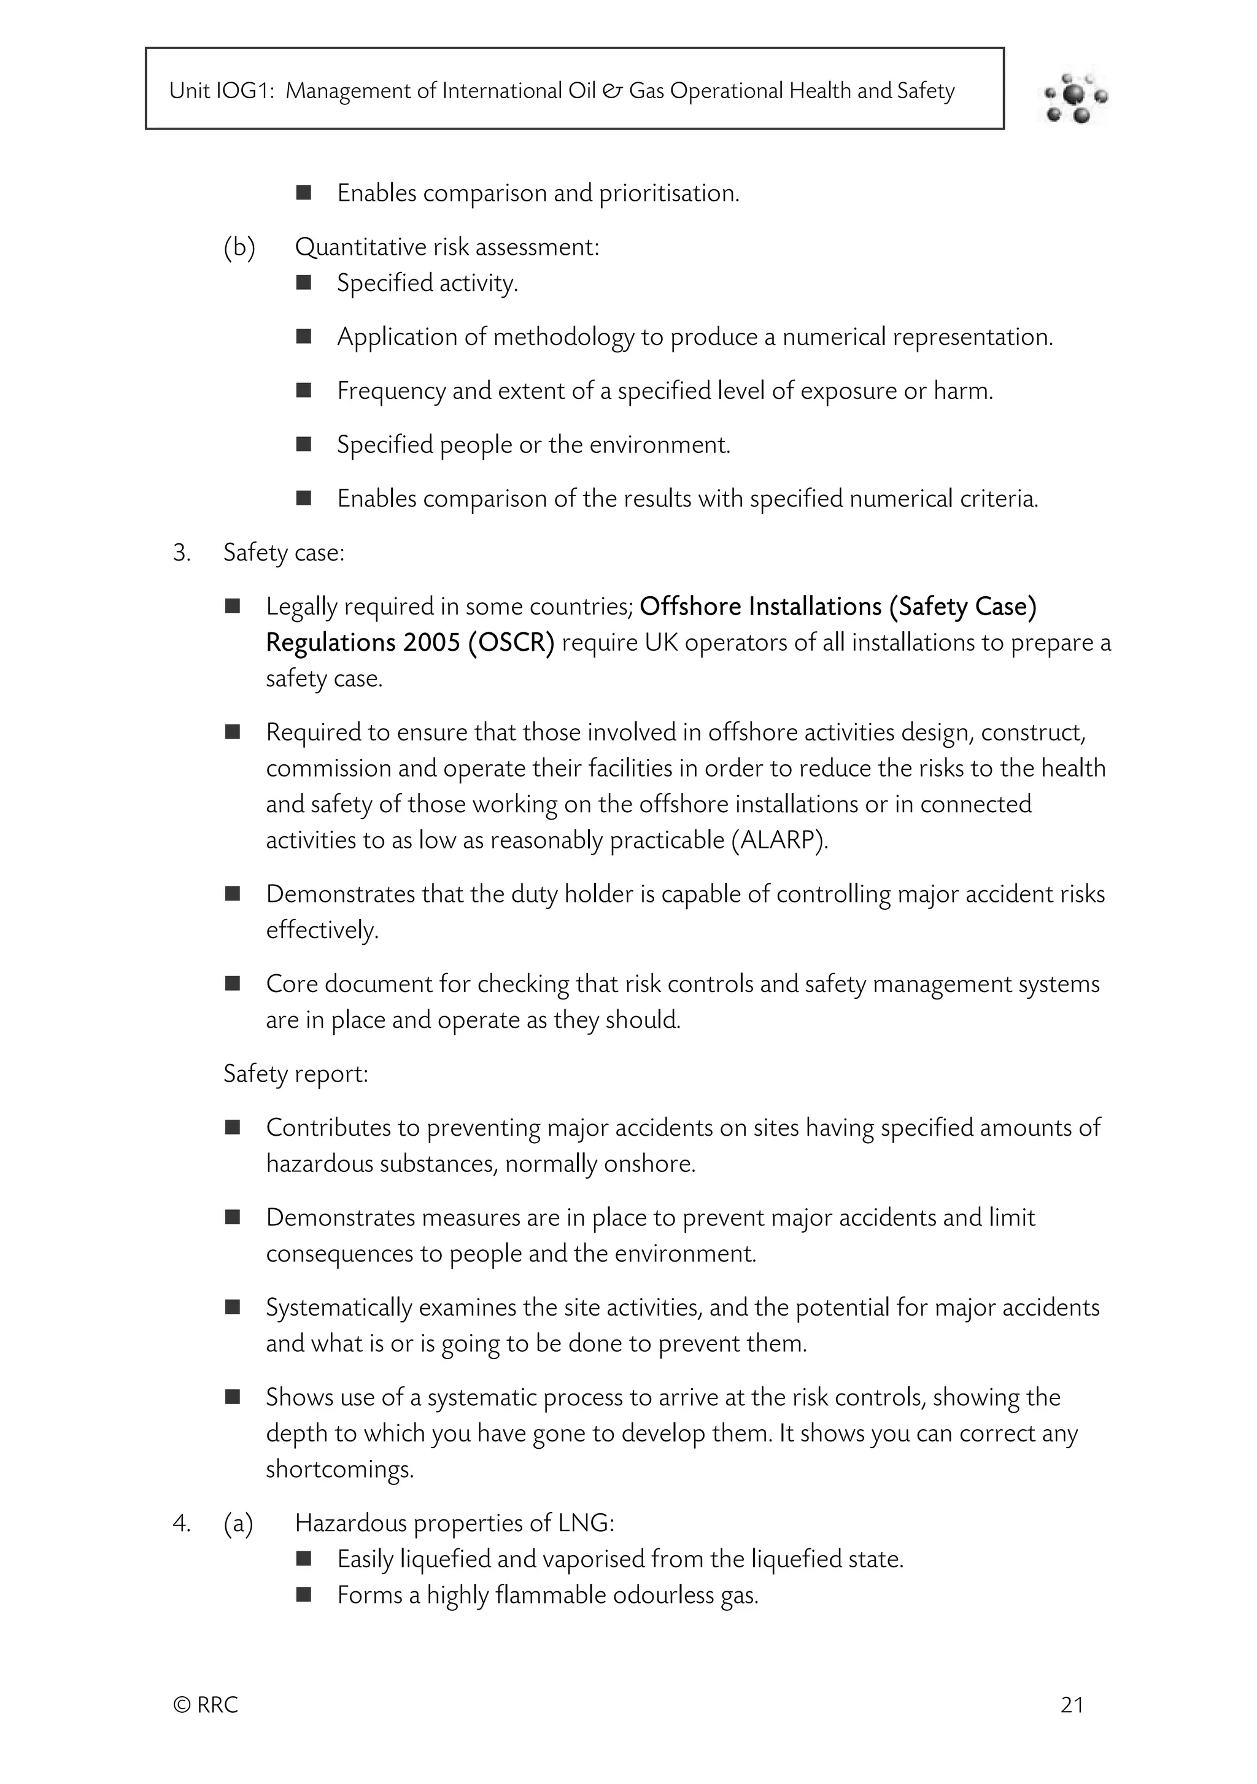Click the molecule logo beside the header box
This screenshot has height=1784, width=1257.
tap(1076, 96)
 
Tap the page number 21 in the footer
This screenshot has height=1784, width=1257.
tap(1071, 1705)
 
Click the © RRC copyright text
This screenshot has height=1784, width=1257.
tap(205, 1705)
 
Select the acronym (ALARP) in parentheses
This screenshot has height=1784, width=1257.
tap(779, 840)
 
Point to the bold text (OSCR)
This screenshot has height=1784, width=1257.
tap(511, 643)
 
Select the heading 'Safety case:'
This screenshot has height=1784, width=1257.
tap(284, 553)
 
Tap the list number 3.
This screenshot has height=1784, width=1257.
tap(181, 553)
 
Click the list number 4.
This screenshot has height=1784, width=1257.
tap(181, 1524)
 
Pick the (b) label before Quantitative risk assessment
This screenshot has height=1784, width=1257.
tap(239, 247)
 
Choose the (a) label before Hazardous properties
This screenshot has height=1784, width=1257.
tap(239, 1524)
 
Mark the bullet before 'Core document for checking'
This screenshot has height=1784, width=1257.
tap(232, 983)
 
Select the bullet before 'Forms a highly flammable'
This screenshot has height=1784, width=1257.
tap(304, 1595)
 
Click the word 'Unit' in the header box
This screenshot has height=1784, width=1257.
tap(190, 91)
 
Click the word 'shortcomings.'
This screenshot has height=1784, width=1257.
tap(339, 1469)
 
